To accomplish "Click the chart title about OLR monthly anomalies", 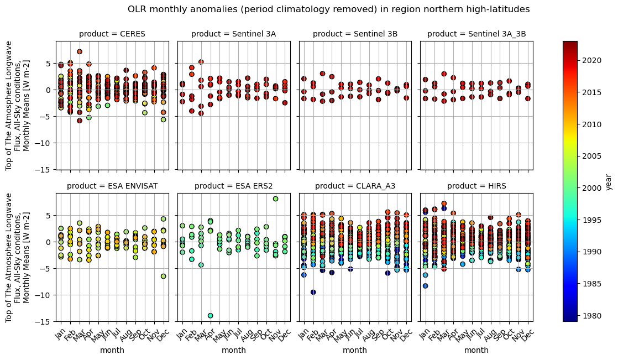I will point(328,9).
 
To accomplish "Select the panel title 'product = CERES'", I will point(112,34).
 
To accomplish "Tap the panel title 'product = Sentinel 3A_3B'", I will point(476,34).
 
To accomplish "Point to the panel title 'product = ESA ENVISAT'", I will point(112,186).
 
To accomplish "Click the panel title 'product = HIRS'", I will point(476,186).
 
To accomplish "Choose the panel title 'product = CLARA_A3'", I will point(355,186).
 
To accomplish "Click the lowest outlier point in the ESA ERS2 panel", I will point(210,316).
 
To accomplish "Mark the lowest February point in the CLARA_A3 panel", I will point(313,292).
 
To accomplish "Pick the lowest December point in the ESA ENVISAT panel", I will point(163,276).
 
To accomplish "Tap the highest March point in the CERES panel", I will point(80,51).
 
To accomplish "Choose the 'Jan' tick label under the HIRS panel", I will point(424,333).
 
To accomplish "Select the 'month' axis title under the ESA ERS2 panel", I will point(233,350).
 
